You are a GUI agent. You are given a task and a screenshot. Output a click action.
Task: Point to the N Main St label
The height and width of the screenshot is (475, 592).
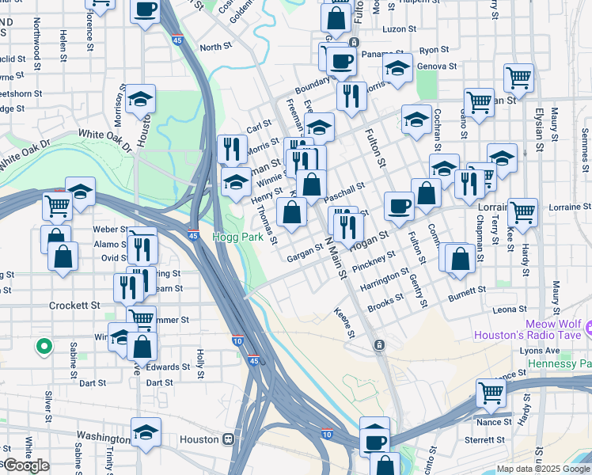(x=336, y=257)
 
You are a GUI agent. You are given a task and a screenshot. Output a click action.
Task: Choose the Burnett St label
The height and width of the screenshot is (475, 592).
(x=467, y=291)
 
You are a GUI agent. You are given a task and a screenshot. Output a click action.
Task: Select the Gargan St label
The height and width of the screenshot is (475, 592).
(x=305, y=249)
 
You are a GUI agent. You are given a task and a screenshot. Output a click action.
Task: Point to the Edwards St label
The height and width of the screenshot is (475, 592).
(x=168, y=367)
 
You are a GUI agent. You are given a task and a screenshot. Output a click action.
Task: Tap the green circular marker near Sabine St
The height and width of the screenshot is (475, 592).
(x=44, y=346)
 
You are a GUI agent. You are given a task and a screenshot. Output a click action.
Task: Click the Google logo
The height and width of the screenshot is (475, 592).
(x=26, y=465)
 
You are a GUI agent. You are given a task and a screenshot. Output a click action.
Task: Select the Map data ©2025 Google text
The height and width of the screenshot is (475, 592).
(x=543, y=469)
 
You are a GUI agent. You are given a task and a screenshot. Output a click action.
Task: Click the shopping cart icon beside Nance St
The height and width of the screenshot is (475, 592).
(x=491, y=392)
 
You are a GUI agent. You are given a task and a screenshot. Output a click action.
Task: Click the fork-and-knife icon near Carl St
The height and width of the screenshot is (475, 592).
(x=232, y=148)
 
